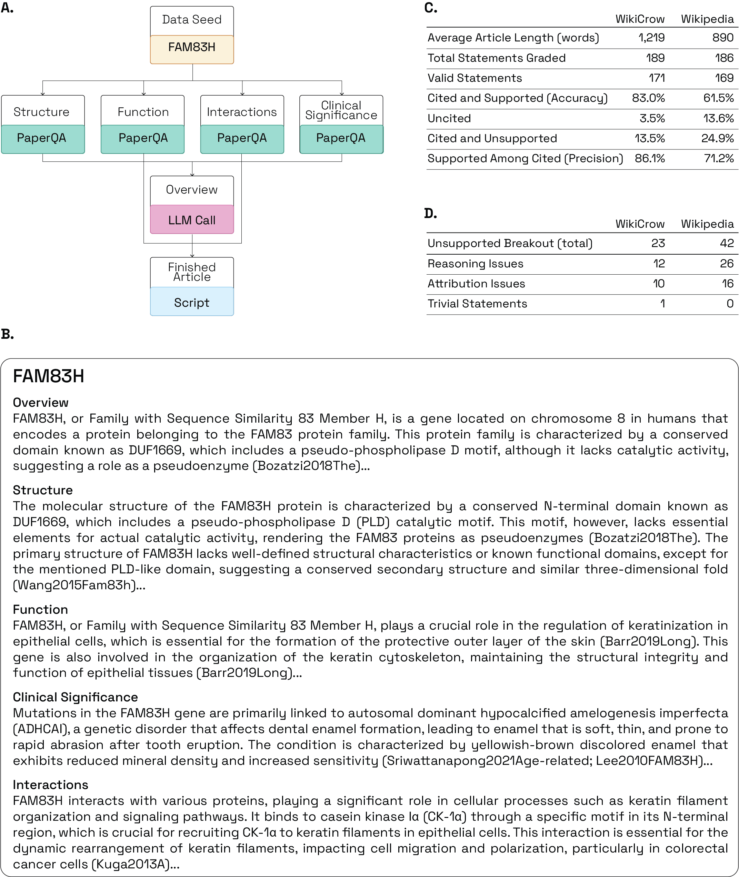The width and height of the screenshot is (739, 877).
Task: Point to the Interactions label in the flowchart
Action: point(242,112)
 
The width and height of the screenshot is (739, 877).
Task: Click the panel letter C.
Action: point(431,8)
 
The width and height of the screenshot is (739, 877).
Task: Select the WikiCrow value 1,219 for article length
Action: point(651,38)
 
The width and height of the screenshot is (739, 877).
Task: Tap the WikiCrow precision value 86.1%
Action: point(650,158)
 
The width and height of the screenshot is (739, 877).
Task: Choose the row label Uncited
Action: point(449,118)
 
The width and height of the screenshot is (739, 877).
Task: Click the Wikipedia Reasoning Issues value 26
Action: point(727,264)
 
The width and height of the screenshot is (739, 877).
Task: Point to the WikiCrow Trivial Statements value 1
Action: point(662,304)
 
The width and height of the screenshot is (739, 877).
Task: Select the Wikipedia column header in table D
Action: point(707,224)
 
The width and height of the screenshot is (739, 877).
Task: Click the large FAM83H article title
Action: point(49,376)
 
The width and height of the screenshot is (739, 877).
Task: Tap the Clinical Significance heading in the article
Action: point(76,697)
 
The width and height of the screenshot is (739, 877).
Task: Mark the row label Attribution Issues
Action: point(476,284)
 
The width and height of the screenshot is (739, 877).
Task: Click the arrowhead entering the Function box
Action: point(144,94)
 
